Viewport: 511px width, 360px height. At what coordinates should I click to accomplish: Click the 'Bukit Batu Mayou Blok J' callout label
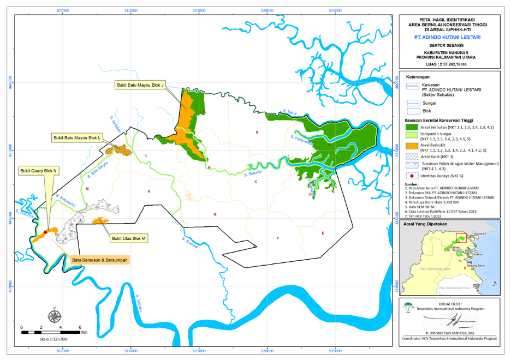click(x=140, y=85)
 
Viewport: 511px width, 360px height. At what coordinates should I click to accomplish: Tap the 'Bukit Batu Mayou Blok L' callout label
click(x=77, y=137)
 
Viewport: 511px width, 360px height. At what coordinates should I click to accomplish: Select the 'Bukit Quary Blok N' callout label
click(x=40, y=170)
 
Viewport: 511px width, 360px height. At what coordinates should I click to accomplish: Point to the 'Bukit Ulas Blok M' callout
click(x=129, y=238)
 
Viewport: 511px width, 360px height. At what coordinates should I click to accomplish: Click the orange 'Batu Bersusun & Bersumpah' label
click(x=100, y=260)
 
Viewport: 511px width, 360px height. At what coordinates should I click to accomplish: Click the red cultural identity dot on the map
click(x=45, y=232)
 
